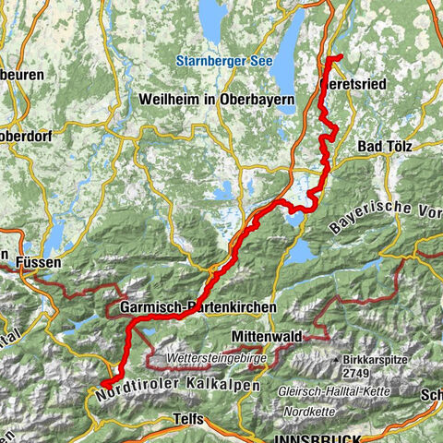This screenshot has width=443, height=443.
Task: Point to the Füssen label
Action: (x=36, y=263)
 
